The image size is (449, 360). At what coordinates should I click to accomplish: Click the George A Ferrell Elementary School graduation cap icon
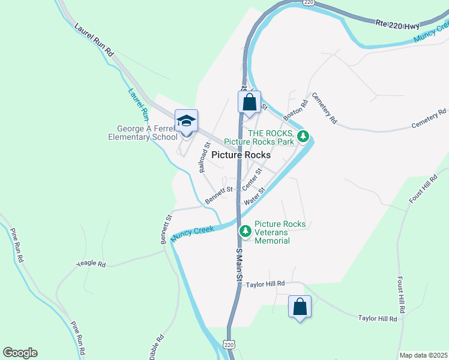186,121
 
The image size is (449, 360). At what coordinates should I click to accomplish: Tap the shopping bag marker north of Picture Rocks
250,102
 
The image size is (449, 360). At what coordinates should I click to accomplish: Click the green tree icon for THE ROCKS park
304,136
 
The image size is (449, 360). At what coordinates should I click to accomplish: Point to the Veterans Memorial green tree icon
245,230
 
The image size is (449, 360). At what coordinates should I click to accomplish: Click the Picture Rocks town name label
241,154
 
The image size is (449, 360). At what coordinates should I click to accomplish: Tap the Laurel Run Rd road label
94,40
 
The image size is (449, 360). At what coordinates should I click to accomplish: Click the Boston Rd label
295,108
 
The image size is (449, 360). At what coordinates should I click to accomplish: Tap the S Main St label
238,264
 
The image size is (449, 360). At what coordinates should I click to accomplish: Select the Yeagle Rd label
91,263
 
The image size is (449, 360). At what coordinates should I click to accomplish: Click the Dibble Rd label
153,345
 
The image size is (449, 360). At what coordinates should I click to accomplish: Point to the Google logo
20,353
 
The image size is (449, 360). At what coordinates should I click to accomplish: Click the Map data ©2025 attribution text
423,355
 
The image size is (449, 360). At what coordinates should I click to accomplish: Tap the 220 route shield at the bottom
229,345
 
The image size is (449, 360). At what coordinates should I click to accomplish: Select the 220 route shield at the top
309,2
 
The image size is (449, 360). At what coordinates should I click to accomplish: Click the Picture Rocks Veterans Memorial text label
280,232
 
